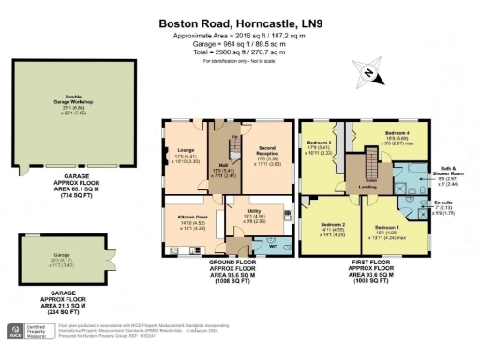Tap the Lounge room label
(x=184, y=149)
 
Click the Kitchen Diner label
(x=192, y=217)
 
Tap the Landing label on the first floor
(x=367, y=187)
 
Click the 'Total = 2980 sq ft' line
(x=240, y=53)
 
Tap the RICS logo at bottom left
(x=18, y=331)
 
